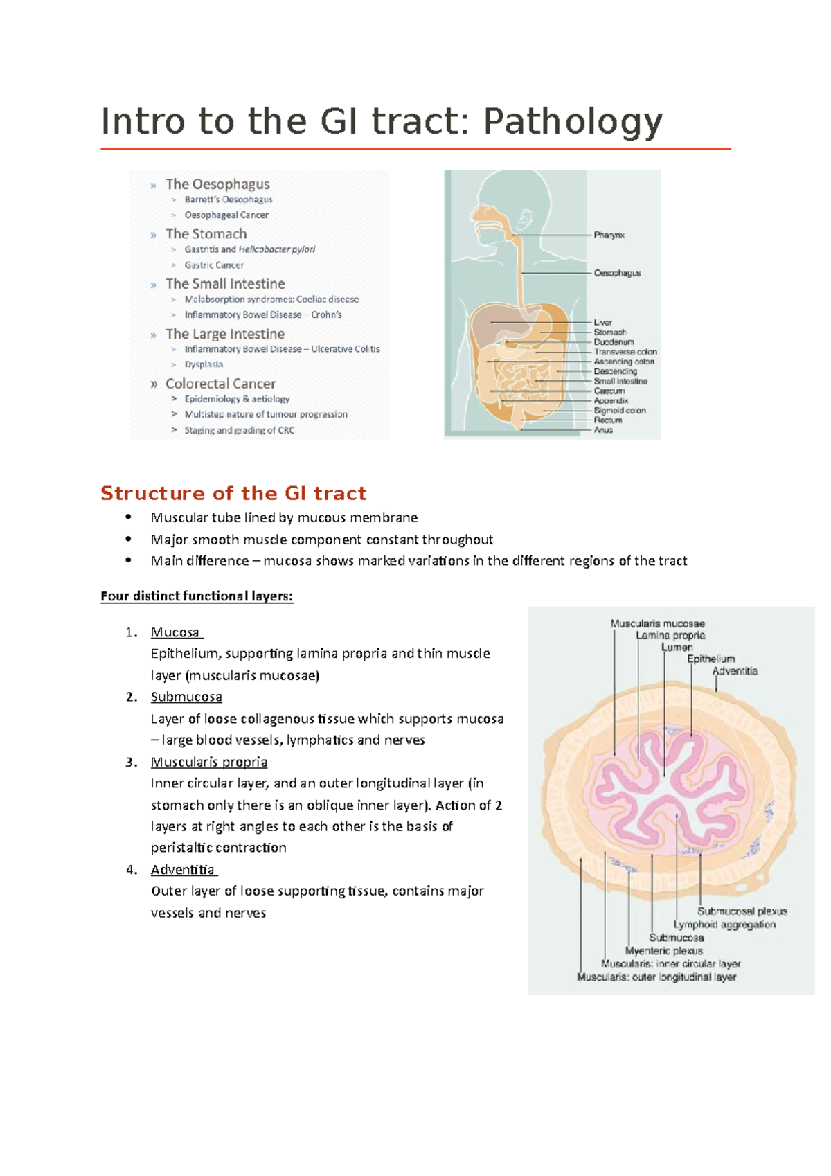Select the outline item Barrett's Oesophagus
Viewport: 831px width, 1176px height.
pos(228,199)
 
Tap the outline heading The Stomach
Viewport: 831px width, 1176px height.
pos(206,234)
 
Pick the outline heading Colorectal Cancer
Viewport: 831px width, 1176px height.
pos(220,384)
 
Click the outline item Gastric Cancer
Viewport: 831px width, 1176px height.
pos(214,265)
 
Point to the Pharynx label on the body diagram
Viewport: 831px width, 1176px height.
pos(609,235)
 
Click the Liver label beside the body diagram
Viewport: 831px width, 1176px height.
pos(602,323)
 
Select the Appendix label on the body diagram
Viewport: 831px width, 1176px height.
pos(611,400)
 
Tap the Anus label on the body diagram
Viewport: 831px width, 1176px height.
pos(603,430)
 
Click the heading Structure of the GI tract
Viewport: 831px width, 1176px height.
pos(233,493)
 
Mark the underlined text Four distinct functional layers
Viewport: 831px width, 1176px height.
pos(197,596)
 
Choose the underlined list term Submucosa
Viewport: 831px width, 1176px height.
pos(186,697)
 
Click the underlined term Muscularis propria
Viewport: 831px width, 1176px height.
pos(208,762)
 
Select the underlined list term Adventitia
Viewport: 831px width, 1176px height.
pos(184,870)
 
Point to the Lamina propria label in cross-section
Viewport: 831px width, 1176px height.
pos(670,635)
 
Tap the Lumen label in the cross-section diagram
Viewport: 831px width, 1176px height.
pos(677,648)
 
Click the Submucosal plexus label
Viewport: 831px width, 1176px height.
pos(742,911)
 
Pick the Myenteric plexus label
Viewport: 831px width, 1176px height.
pos(663,951)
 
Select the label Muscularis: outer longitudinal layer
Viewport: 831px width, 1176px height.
pos(656,977)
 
